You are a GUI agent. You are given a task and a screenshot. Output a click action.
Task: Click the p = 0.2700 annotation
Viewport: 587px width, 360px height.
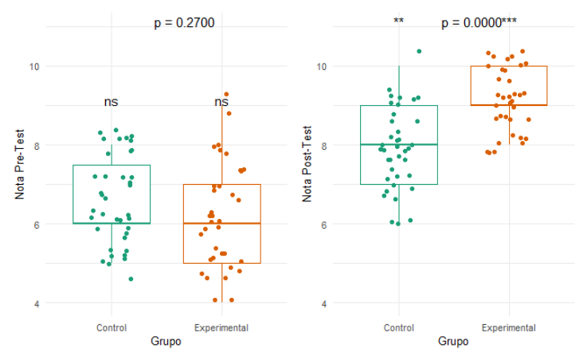click(x=184, y=23)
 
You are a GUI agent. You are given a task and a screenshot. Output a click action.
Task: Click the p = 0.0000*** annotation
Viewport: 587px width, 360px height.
click(x=476, y=23)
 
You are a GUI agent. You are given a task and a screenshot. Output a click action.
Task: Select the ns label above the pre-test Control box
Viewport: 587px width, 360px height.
click(x=111, y=102)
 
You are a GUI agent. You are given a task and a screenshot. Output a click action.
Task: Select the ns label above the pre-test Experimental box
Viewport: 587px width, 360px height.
click(x=221, y=102)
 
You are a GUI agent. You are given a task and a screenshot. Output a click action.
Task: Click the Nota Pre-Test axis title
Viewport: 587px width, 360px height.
click(x=19, y=165)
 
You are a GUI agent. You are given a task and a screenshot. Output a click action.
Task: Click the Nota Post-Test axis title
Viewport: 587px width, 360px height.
click(x=307, y=165)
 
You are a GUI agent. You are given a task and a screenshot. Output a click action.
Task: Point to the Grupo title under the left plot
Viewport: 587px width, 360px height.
click(x=166, y=342)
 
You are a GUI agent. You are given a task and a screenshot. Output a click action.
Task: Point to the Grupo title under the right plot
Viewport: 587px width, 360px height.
click(x=453, y=342)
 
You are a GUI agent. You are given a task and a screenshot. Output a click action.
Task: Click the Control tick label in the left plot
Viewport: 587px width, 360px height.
click(x=111, y=327)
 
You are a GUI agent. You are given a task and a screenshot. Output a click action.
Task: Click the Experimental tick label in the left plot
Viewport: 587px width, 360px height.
click(x=221, y=327)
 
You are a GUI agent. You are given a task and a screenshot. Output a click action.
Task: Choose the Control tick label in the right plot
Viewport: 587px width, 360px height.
click(x=398, y=327)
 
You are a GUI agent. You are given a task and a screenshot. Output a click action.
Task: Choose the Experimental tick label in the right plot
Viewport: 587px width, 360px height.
click(x=509, y=327)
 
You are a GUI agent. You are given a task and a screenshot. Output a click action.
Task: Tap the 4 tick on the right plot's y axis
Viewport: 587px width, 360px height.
click(x=323, y=303)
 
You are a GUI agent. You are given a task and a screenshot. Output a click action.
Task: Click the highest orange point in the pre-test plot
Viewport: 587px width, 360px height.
click(x=226, y=95)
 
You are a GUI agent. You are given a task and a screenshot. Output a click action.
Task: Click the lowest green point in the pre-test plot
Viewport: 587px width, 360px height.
click(x=131, y=279)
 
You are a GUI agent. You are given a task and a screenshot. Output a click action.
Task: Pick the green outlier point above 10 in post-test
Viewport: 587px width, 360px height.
click(x=419, y=51)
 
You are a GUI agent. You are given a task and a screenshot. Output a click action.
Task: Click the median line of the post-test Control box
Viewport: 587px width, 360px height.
click(x=399, y=145)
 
